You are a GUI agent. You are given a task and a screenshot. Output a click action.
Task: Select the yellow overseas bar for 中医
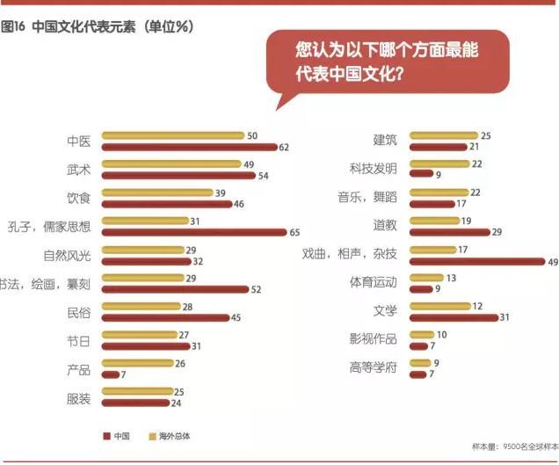(173, 135)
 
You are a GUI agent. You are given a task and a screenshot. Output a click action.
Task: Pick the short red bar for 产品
(111, 374)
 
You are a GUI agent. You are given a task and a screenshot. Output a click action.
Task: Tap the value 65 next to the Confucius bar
(296, 232)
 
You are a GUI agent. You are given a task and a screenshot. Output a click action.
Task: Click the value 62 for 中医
(285, 147)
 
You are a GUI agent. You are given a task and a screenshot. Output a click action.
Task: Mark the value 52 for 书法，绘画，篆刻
(257, 289)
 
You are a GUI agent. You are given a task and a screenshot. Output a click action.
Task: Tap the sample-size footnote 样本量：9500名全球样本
(514, 447)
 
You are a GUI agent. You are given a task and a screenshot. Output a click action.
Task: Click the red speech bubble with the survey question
(387, 61)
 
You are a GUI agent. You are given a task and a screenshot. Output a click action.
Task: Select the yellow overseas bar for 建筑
(442, 135)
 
